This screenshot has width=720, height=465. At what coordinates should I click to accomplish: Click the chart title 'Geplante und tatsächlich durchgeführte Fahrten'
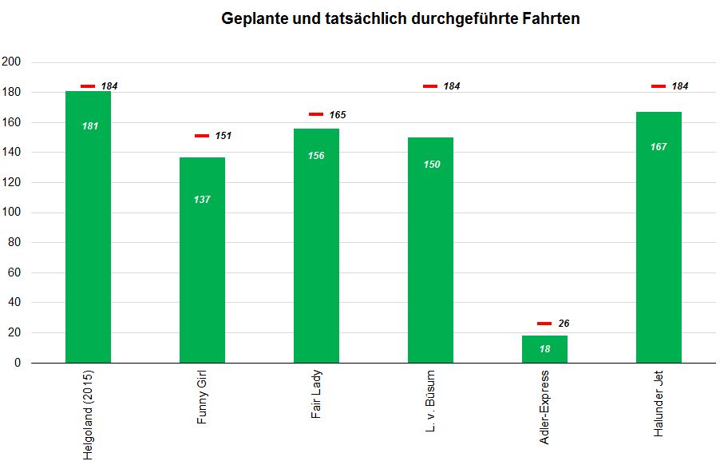400,18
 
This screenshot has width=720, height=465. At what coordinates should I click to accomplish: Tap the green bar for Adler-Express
544,349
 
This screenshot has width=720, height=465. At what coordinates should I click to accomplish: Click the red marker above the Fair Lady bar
316,114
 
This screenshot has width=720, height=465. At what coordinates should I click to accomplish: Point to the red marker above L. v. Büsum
430,85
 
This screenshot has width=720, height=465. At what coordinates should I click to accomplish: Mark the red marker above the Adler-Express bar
544,324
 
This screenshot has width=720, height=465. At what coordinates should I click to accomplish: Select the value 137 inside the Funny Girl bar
202,199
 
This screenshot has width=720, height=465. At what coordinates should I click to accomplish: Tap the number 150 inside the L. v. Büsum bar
431,165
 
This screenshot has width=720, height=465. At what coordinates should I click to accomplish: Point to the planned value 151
224,136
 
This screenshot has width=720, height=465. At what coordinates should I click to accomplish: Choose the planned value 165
338,115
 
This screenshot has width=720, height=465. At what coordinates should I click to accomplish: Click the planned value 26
564,324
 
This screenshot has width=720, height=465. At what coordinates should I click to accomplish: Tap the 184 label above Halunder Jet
680,86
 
